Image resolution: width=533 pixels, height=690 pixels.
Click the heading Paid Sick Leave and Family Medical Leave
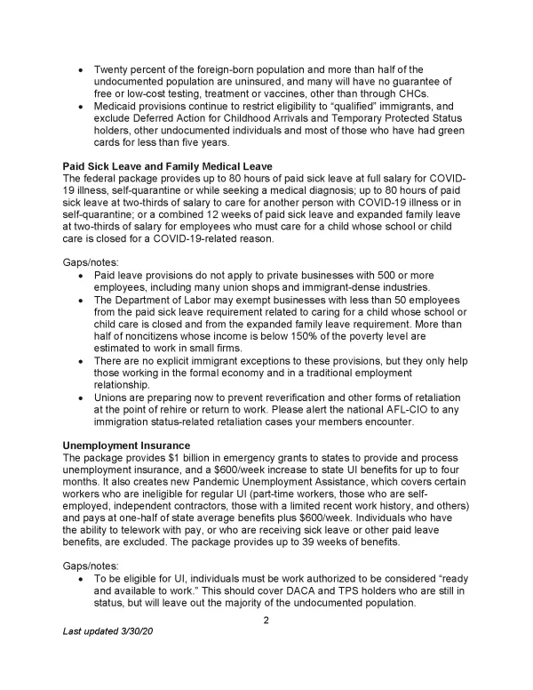(166, 165)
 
